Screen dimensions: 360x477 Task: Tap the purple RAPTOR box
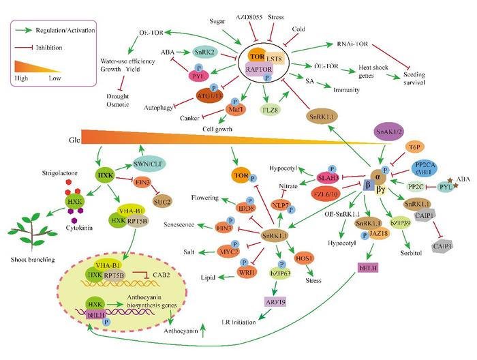[258, 69]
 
